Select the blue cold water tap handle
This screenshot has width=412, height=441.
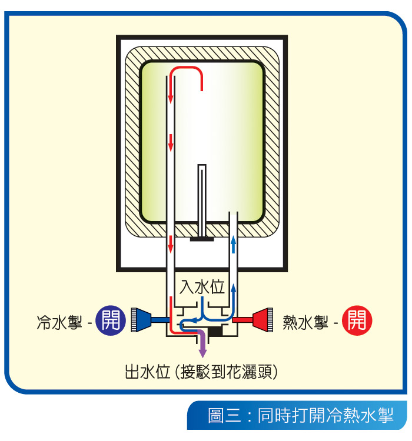[140, 319]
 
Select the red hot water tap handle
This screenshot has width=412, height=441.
[263, 319]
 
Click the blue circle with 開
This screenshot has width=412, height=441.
[109, 320]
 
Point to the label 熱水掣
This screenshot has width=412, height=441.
[305, 322]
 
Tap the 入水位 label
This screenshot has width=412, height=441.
[202, 288]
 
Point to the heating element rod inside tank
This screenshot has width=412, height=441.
[202, 200]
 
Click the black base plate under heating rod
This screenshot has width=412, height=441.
[201, 239]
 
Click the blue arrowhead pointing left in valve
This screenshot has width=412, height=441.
[183, 322]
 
